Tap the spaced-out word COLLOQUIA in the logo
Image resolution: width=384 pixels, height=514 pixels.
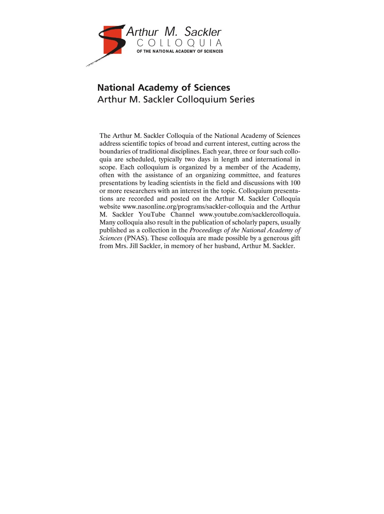[179, 43]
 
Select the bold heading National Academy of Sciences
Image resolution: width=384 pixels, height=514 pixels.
[164, 88]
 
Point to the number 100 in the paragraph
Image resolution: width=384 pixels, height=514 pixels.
[295, 183]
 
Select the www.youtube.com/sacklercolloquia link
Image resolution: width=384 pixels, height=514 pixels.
[250, 214]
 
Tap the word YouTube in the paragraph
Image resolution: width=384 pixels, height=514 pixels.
[152, 214]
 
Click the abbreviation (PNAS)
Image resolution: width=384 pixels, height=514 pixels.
[136, 238]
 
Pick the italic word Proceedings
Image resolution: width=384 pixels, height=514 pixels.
[205, 230]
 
